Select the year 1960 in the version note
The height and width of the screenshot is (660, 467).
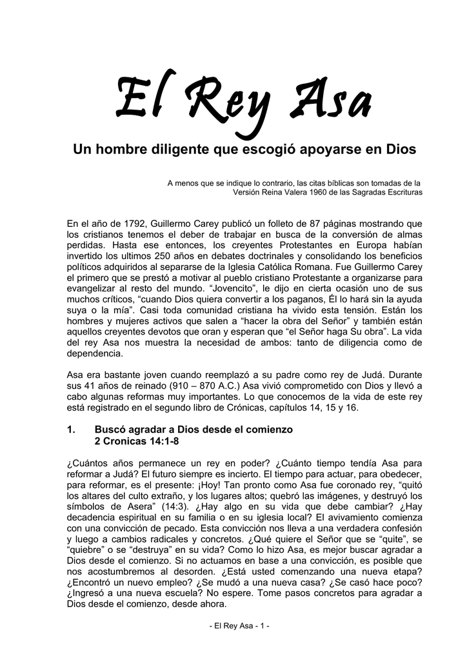pos(311,192)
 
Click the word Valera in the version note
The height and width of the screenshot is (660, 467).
pos(284,192)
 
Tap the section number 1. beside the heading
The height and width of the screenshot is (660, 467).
pos(72,429)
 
